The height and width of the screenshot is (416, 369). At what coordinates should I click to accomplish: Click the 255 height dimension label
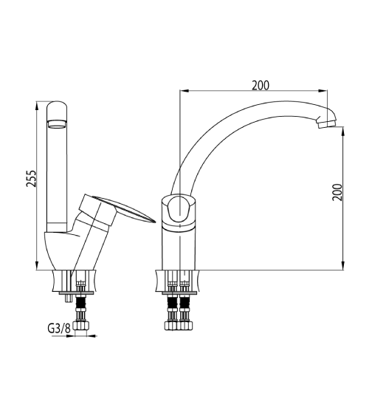coord(31,178)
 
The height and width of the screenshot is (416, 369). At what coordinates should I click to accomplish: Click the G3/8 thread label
coord(59,329)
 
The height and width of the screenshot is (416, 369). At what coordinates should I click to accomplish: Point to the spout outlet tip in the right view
coord(326,124)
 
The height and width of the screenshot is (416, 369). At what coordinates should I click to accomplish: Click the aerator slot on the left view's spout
coord(56,124)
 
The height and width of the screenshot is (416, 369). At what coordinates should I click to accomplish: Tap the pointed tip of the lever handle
coord(154,222)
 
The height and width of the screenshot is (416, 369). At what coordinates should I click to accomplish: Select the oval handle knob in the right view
coord(179,209)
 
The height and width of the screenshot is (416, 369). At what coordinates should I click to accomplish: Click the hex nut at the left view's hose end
coord(81,326)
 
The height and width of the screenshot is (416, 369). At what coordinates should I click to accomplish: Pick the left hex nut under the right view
coord(171,326)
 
